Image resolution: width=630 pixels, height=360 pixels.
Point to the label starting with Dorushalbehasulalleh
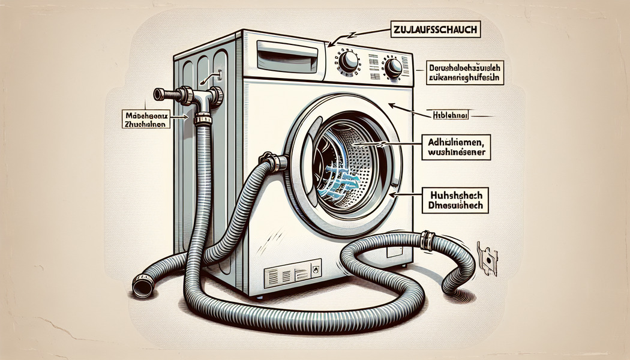[x=465, y=71]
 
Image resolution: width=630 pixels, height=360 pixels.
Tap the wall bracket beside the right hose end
[x=487, y=259]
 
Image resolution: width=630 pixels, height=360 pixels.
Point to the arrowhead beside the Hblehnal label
[x=392, y=106]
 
